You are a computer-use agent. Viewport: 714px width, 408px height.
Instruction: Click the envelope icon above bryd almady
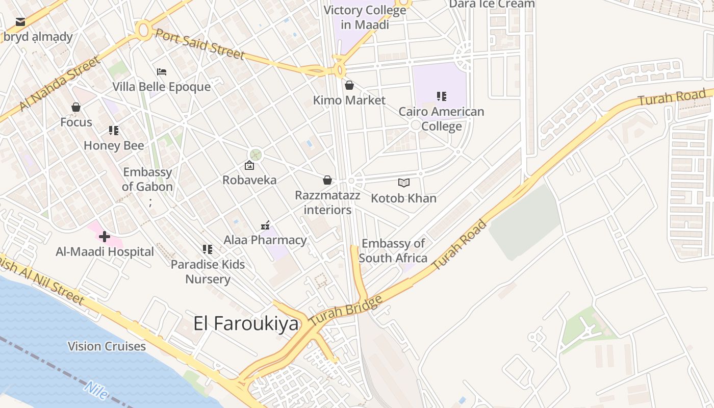click(x=20, y=22)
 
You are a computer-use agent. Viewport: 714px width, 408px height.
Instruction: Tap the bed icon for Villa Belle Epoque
click(x=162, y=72)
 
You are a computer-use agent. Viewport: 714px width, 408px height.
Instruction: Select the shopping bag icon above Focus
click(x=76, y=107)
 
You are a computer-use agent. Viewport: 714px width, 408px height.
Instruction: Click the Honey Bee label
click(x=114, y=146)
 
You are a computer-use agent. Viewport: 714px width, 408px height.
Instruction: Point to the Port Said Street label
click(x=200, y=44)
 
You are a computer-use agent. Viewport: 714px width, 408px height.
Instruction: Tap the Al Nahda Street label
click(x=60, y=85)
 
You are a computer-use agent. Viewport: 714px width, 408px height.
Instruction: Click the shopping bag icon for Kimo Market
click(x=349, y=85)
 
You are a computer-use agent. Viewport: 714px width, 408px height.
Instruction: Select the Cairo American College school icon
click(x=442, y=96)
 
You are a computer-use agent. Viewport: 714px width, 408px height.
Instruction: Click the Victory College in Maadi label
click(x=365, y=17)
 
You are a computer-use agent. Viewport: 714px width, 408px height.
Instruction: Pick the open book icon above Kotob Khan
click(x=404, y=183)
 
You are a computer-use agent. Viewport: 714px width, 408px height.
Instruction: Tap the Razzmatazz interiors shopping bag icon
click(x=327, y=180)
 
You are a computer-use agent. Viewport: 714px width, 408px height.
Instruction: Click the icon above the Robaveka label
click(x=249, y=165)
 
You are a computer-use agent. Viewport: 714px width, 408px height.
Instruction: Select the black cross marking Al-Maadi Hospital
click(x=105, y=237)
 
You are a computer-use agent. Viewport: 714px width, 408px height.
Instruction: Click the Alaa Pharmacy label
click(x=265, y=240)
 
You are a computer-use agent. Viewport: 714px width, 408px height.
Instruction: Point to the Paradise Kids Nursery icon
click(x=208, y=249)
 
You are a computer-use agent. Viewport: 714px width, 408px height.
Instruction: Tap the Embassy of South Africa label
click(x=393, y=251)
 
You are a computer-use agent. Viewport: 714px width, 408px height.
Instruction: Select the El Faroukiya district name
click(x=246, y=324)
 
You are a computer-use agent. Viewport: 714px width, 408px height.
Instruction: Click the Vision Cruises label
click(x=107, y=347)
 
